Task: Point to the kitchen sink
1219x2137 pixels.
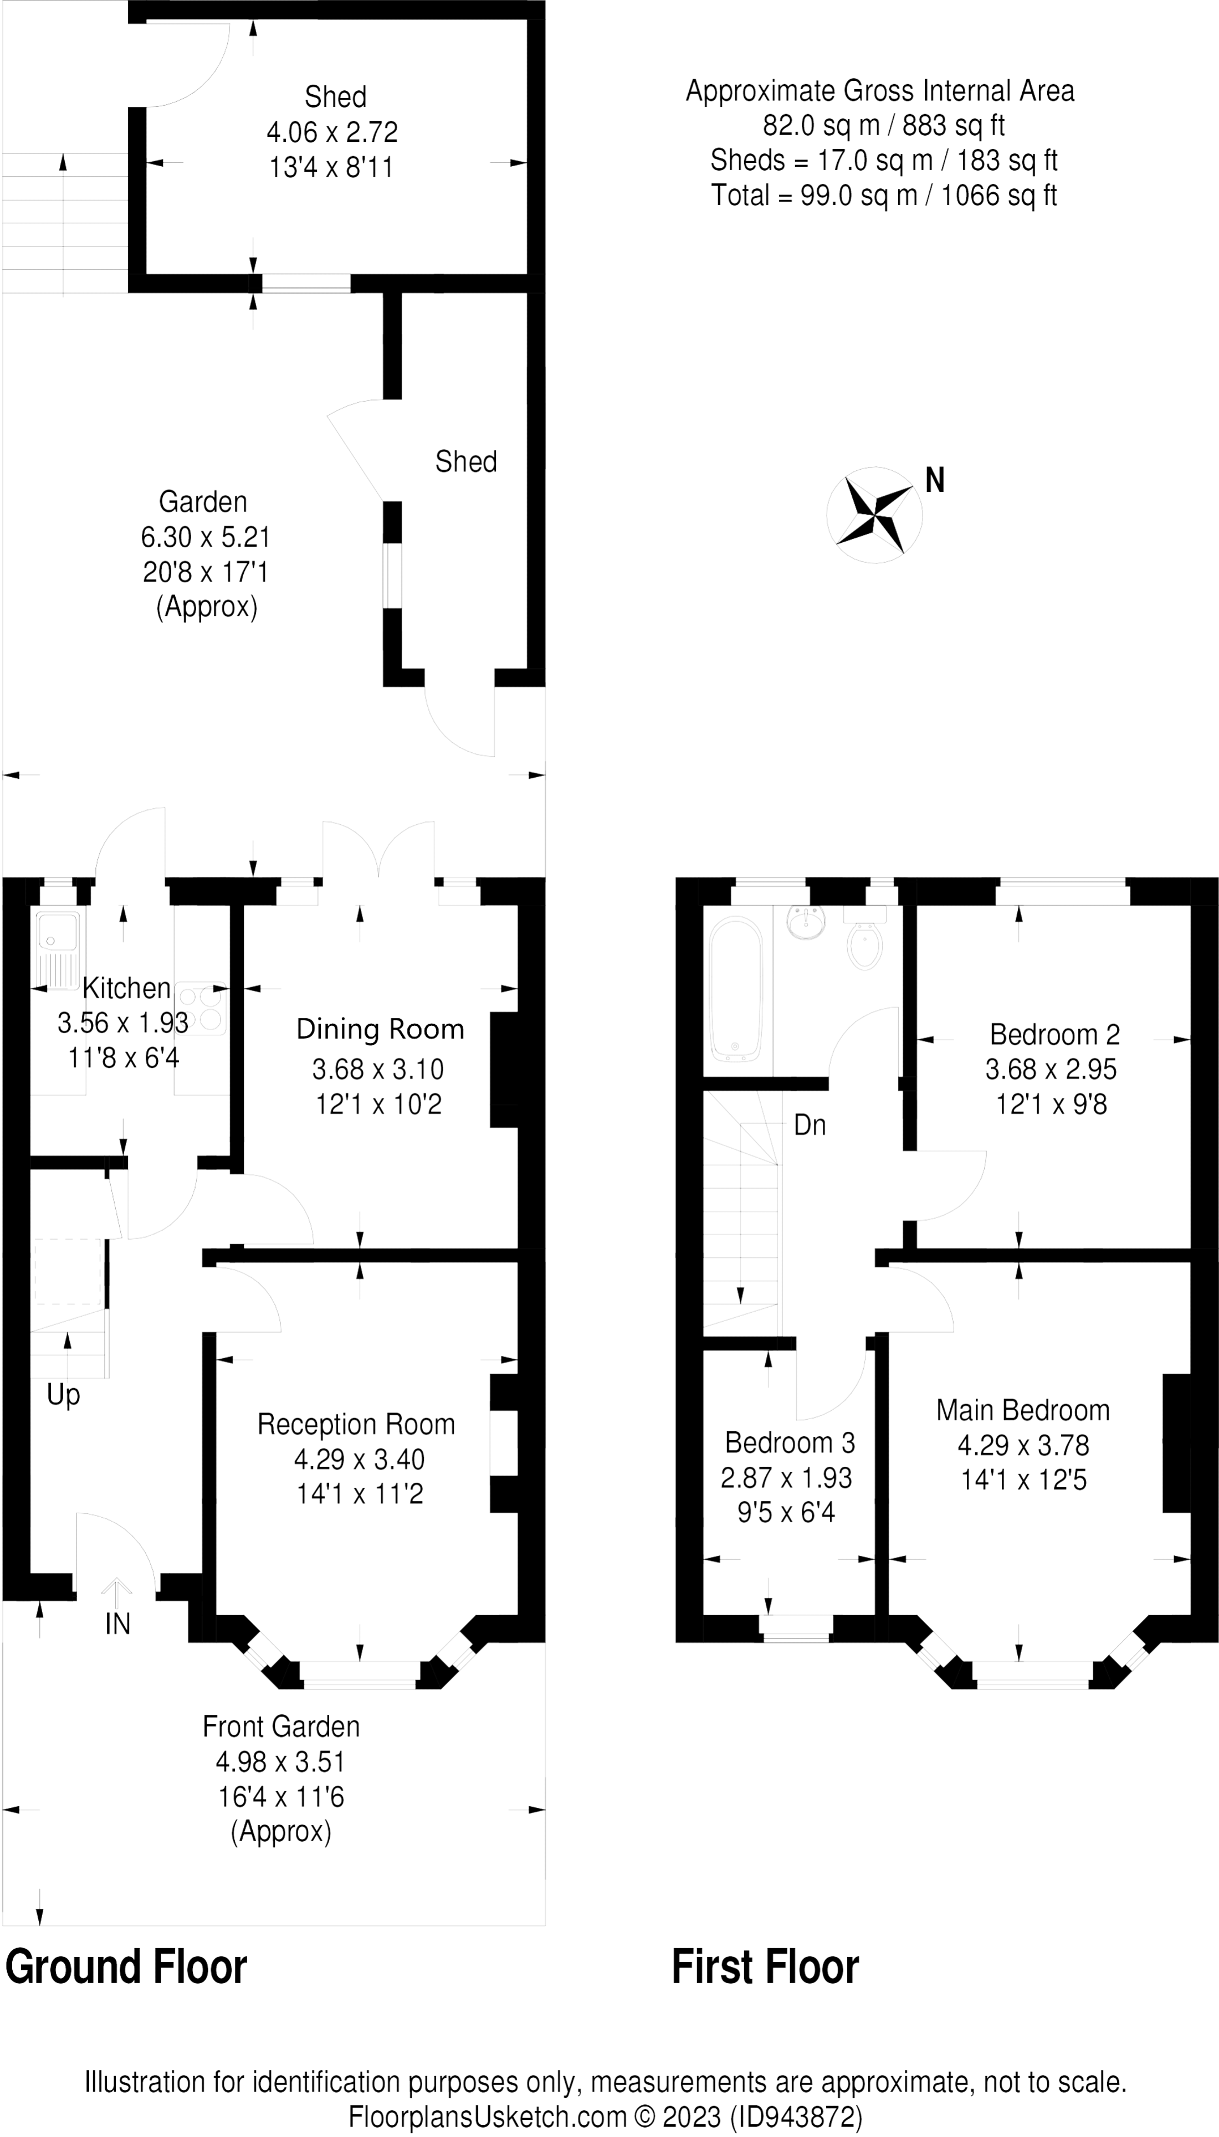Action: [x=57, y=949]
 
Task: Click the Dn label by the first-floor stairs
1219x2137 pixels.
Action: [x=809, y=1126]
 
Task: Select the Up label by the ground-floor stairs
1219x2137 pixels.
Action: [x=64, y=1394]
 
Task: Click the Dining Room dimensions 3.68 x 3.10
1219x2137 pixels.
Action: [x=377, y=1068]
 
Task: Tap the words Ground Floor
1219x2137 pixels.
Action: [x=126, y=1966]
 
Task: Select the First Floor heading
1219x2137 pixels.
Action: [x=765, y=1966]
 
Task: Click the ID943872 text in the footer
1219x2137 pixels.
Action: [x=795, y=2117]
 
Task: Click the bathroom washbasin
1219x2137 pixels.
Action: [x=806, y=922]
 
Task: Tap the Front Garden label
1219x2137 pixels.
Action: [x=281, y=1726]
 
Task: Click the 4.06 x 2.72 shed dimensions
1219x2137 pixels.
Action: [x=331, y=131]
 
